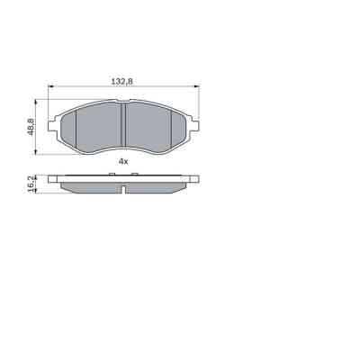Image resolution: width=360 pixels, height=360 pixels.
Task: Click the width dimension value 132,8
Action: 122,81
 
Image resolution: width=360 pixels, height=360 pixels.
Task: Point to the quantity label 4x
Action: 122,160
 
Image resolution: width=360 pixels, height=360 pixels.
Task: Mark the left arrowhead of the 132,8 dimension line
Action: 51,87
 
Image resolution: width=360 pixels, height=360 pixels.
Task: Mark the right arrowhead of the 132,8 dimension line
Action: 194,87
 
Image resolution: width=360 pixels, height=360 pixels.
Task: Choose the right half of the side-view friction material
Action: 157,185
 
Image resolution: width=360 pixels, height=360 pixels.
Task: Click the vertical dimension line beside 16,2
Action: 38,184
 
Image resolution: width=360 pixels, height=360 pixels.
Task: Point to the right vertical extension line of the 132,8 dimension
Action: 196,103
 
